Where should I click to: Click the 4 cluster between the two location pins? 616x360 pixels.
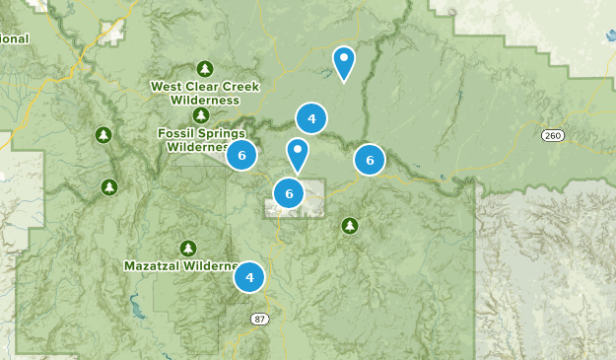[311, 119]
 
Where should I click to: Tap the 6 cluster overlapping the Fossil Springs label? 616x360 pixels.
[241, 155]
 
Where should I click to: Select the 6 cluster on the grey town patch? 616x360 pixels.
[289, 194]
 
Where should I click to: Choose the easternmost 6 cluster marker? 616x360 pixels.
[370, 159]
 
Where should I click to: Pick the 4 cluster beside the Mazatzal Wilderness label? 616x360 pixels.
[250, 278]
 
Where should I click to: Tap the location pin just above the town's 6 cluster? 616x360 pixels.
[297, 154]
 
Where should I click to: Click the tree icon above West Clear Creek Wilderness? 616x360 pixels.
[205, 68]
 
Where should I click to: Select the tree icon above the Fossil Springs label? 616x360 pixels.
[201, 114]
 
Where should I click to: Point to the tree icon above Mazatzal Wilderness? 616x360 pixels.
[187, 248]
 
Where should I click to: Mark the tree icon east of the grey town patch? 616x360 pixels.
[349, 226]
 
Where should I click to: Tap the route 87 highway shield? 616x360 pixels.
[259, 319]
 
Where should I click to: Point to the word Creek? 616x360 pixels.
[240, 87]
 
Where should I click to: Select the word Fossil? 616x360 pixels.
[177, 133]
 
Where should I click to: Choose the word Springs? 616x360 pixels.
[223, 133]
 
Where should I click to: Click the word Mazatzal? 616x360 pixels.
[151, 265]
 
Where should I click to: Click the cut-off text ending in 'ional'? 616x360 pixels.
[14, 38]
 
